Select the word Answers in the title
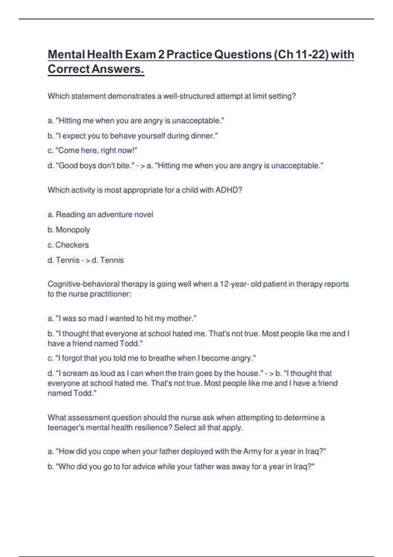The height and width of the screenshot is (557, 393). pyautogui.click(x=118, y=69)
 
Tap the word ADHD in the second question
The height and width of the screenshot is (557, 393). pyautogui.click(x=228, y=190)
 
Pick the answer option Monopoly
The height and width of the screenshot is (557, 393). pyautogui.click(x=73, y=230)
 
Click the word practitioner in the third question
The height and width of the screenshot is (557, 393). pyautogui.click(x=110, y=294)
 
